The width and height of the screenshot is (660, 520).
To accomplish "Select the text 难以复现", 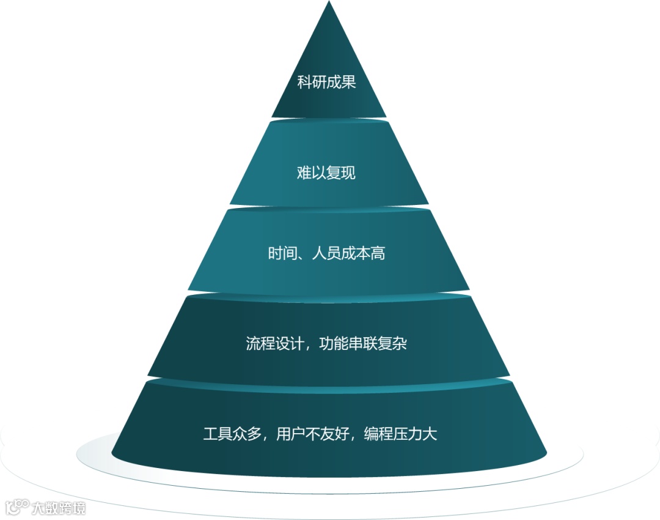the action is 326,173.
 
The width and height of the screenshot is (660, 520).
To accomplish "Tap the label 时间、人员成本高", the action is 326,253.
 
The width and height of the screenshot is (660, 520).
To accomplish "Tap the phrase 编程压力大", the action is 400,435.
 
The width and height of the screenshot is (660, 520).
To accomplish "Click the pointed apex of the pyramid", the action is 329,4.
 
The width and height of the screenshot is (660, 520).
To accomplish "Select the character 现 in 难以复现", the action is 348,173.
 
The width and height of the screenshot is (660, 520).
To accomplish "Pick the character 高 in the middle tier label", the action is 378,253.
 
